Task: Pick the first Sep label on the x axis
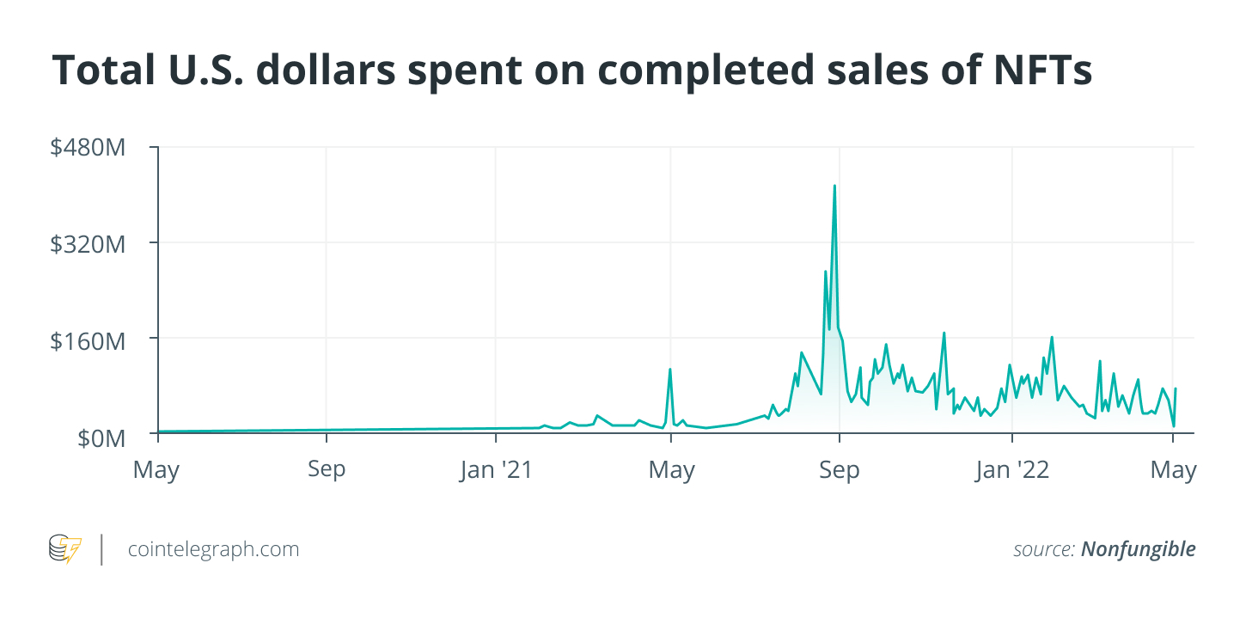click(x=327, y=470)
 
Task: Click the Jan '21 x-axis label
click(x=496, y=470)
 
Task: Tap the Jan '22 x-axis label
click(x=1012, y=470)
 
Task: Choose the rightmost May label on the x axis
click(x=1173, y=470)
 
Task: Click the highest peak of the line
click(x=834, y=186)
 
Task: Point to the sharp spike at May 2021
click(x=670, y=370)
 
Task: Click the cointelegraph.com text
click(x=213, y=549)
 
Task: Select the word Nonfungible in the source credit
click(x=1138, y=549)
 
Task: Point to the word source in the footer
click(x=1042, y=549)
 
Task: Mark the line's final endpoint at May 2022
click(x=1176, y=389)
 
